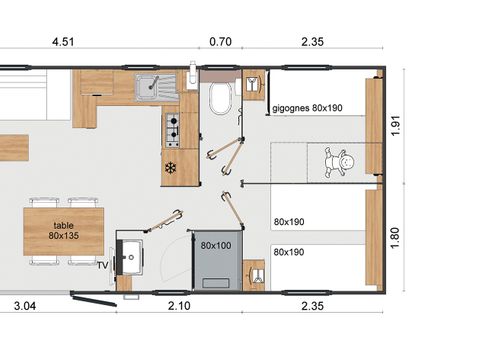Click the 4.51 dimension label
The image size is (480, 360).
click(63, 42)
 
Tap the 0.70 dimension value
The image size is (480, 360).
click(219, 42)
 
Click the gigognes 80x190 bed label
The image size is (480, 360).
click(306, 107)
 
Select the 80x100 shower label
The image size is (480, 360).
click(215, 244)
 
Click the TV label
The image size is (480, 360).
click(102, 266)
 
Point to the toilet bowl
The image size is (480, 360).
click(221, 98)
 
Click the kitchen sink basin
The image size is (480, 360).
click(153, 85)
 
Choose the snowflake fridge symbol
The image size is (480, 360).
click(171, 167)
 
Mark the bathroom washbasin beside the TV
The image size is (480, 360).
click(128, 257)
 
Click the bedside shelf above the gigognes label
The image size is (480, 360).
click(253, 83)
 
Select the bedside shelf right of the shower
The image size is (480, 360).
click(254, 272)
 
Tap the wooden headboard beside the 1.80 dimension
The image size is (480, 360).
click(374, 237)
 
